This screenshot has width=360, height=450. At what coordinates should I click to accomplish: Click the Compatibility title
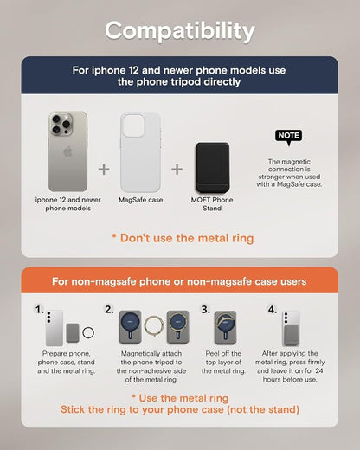click(x=180, y=31)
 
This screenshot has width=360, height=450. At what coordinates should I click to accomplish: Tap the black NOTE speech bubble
click(x=289, y=136)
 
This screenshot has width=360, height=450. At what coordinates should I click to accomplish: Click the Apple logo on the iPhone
click(x=67, y=151)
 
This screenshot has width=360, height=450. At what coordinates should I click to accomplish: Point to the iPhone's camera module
click(x=61, y=123)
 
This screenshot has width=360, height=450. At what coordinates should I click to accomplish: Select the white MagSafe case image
click(x=140, y=152)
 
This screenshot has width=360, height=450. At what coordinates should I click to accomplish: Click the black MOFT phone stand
click(x=213, y=168)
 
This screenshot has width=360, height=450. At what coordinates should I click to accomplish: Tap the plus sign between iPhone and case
click(x=104, y=170)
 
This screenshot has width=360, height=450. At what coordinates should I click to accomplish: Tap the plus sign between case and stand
click(x=177, y=170)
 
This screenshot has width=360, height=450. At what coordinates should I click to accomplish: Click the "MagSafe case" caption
click(x=141, y=200)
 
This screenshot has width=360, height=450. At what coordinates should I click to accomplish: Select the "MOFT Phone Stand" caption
click(x=212, y=204)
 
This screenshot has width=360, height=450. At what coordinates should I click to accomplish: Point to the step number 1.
click(x=39, y=310)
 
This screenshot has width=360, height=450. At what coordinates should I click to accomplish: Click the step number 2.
click(x=109, y=310)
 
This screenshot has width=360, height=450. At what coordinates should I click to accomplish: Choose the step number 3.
click(x=205, y=310)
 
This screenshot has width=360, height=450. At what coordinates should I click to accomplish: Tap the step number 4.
click(x=273, y=310)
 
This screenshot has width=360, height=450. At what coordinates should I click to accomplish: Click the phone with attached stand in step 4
click(x=291, y=328)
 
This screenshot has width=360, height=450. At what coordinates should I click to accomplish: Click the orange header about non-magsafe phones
click(x=179, y=280)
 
